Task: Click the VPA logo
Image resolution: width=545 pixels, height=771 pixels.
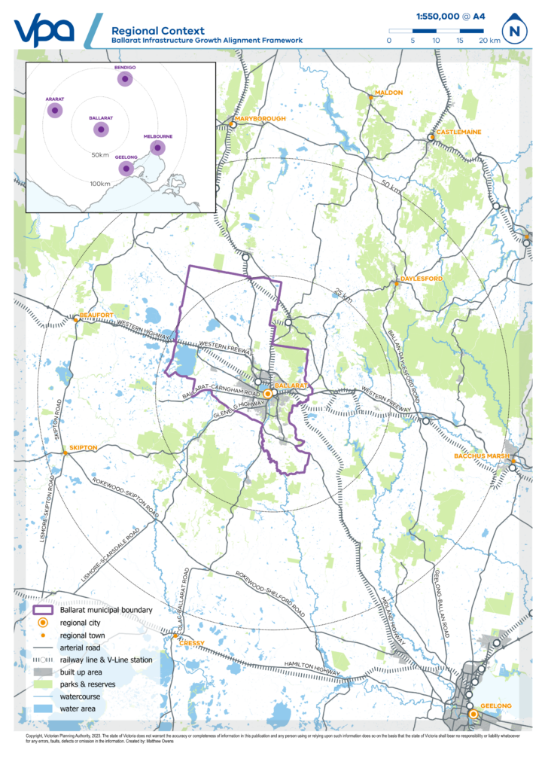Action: pyautogui.click(x=44, y=29)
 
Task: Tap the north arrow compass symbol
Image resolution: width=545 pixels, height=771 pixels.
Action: pyautogui.click(x=515, y=31)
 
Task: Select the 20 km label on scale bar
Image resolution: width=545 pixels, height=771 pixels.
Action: pyautogui.click(x=489, y=40)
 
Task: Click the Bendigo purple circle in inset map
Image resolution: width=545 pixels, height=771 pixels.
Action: pyautogui.click(x=124, y=80)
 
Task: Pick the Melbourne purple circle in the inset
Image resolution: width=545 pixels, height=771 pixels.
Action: pyautogui.click(x=157, y=148)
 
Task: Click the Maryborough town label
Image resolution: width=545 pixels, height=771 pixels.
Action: pyautogui.click(x=260, y=119)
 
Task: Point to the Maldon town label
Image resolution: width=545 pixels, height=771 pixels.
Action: pyautogui.click(x=389, y=93)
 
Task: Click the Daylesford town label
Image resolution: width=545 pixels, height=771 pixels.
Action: pyautogui.click(x=419, y=279)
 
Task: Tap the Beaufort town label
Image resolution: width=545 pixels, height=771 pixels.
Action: pyautogui.click(x=96, y=315)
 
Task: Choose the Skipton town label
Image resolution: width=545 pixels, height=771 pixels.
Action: pyautogui.click(x=84, y=447)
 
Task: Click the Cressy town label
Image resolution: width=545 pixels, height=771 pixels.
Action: pyautogui.click(x=192, y=642)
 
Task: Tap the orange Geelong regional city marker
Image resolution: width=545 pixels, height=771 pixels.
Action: pyautogui.click(x=473, y=713)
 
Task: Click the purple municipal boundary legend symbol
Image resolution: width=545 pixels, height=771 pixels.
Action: pyautogui.click(x=44, y=610)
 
